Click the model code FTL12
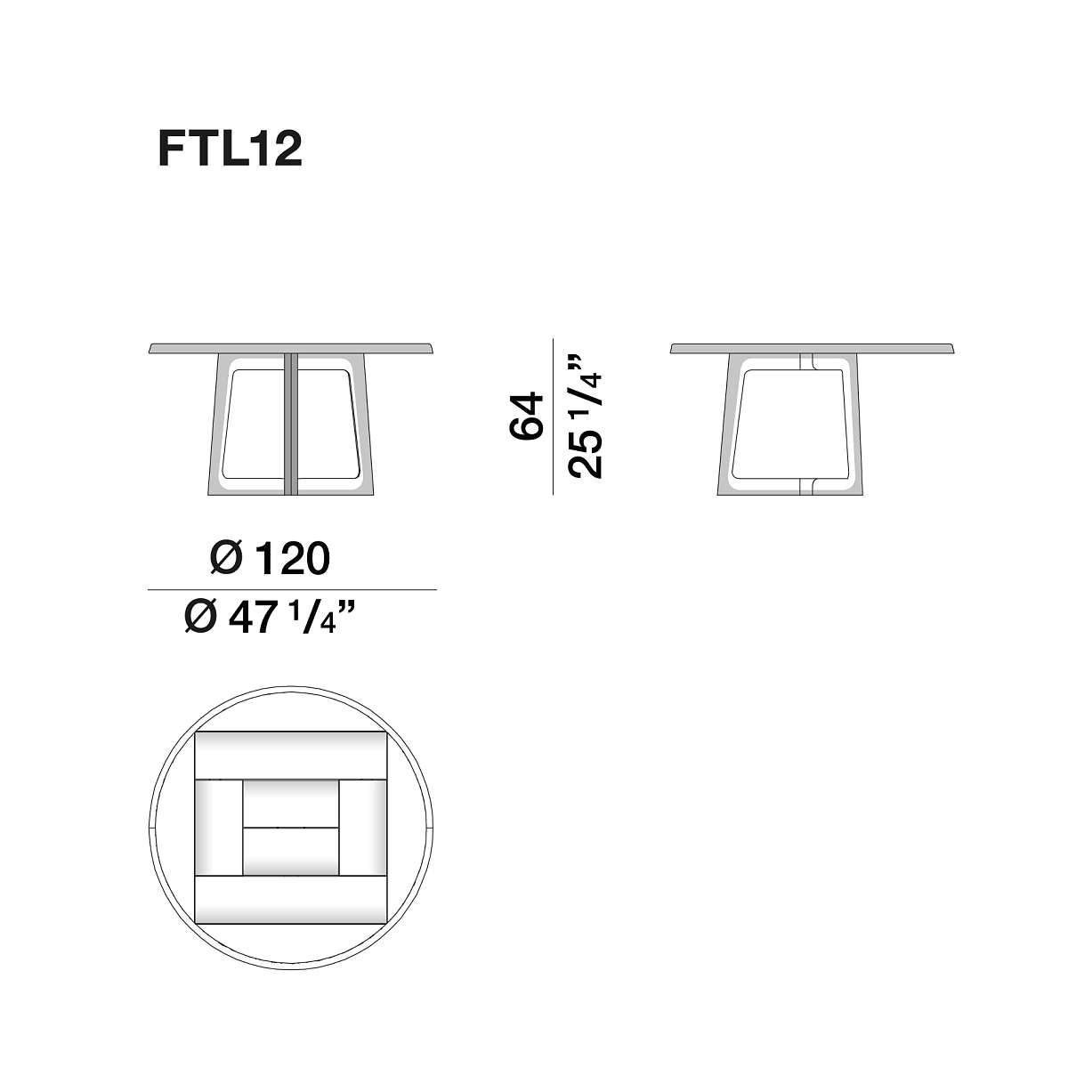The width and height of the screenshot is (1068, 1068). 231,149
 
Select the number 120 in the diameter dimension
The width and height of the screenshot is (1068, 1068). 292,559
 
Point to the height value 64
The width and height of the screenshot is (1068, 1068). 526,415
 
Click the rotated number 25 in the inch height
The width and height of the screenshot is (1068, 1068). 586,457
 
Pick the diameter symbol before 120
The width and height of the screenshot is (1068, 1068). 225,559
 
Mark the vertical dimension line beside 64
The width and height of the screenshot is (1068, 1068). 554,416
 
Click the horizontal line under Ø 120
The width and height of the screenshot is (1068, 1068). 292,589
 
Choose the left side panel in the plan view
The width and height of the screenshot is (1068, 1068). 218,828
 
